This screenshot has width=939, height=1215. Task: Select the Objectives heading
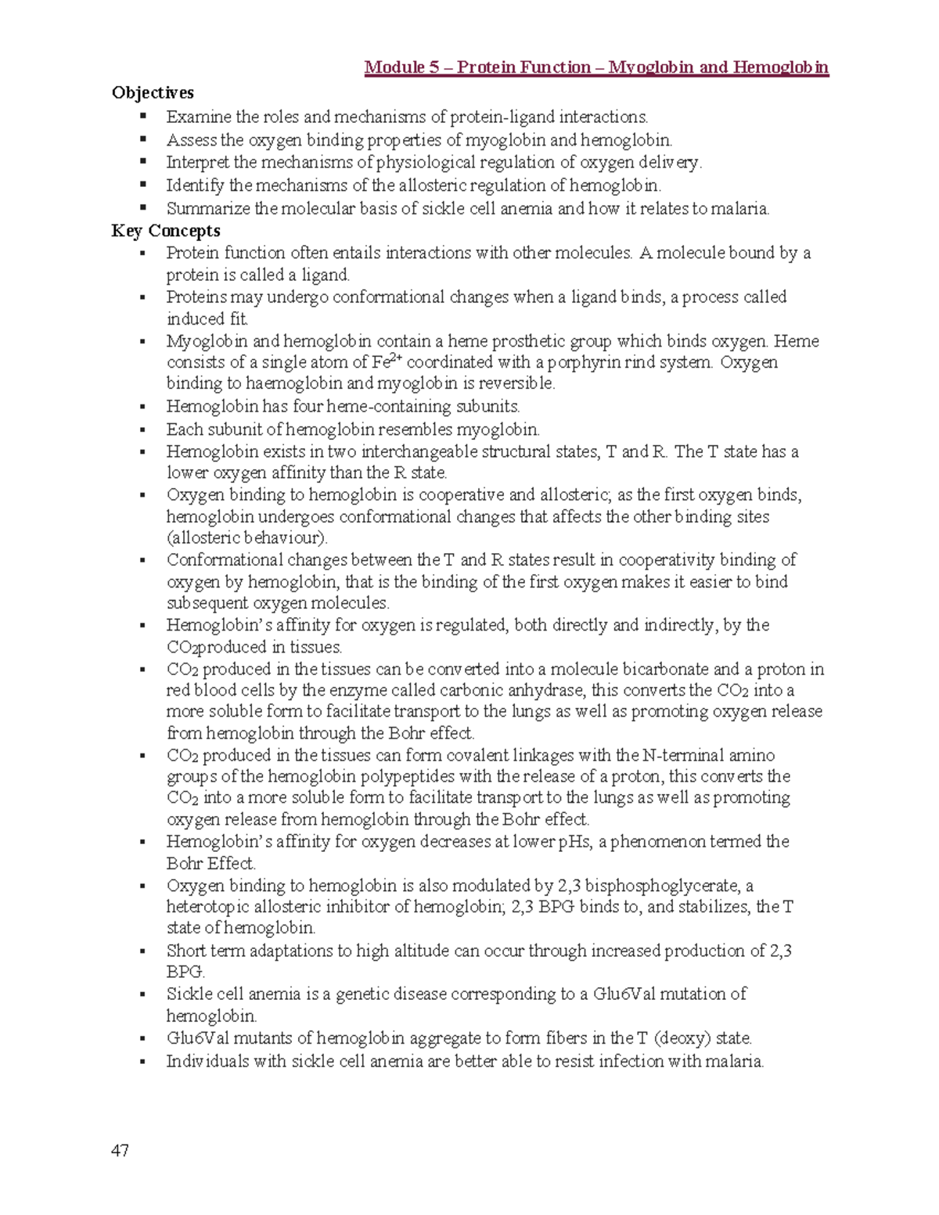click(x=153, y=93)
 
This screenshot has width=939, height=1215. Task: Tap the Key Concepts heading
click(x=166, y=231)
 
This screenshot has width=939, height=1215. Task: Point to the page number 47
click(x=121, y=1150)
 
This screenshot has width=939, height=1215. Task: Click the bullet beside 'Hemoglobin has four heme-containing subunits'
click(x=142, y=408)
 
